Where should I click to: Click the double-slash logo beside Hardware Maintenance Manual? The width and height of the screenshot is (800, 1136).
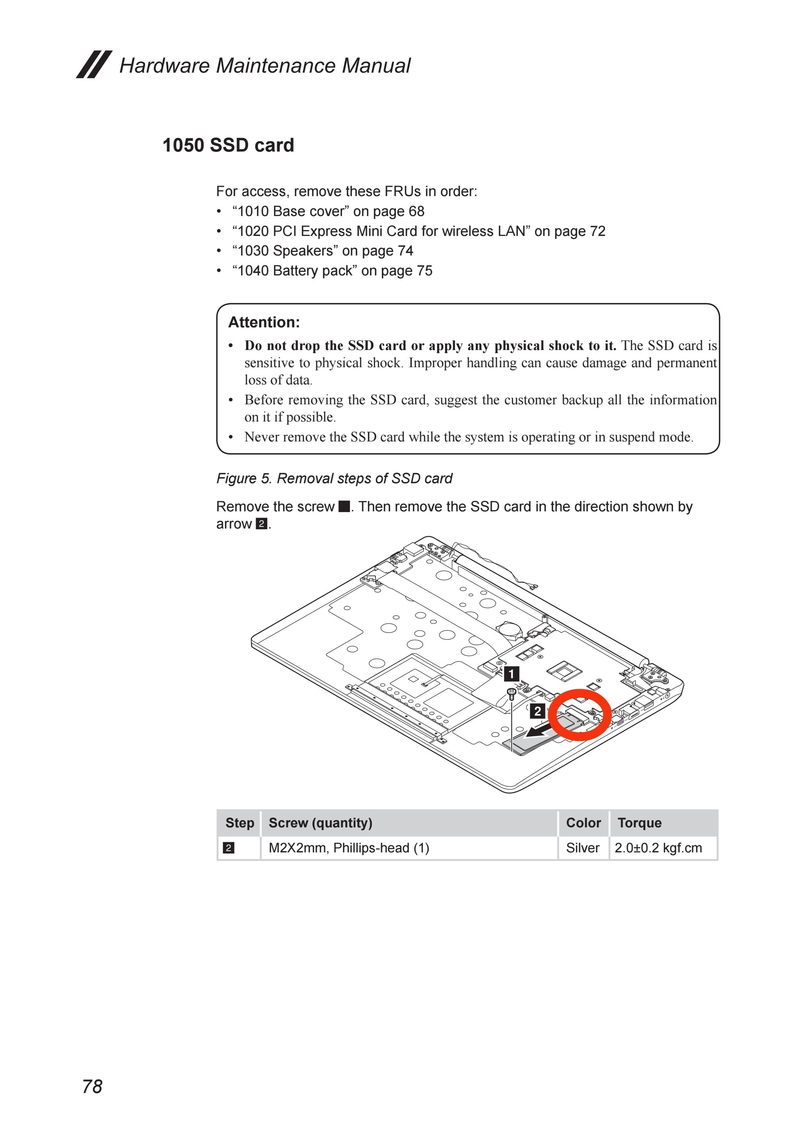pyautogui.click(x=94, y=64)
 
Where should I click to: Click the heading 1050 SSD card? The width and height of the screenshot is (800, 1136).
pyautogui.click(x=228, y=145)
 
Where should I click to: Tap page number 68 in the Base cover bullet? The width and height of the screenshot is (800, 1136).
pyautogui.click(x=416, y=211)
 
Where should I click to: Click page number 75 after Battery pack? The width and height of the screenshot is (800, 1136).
pyautogui.click(x=424, y=271)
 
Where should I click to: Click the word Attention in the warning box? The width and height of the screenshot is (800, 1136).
pyautogui.click(x=264, y=322)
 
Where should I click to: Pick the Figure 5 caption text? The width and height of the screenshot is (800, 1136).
pyautogui.click(x=334, y=479)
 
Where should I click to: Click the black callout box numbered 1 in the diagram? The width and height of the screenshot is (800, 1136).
pyautogui.click(x=512, y=674)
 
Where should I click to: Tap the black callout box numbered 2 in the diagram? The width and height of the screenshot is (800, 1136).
pyautogui.click(x=537, y=711)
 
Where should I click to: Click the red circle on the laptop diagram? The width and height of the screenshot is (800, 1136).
pyautogui.click(x=580, y=715)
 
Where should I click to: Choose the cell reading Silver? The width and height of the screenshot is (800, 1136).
pyautogui.click(x=583, y=848)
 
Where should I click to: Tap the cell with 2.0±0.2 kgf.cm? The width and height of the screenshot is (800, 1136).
pyautogui.click(x=658, y=848)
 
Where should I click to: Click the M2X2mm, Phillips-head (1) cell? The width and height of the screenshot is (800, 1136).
pyautogui.click(x=349, y=848)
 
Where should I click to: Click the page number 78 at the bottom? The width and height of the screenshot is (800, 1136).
pyautogui.click(x=92, y=1086)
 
